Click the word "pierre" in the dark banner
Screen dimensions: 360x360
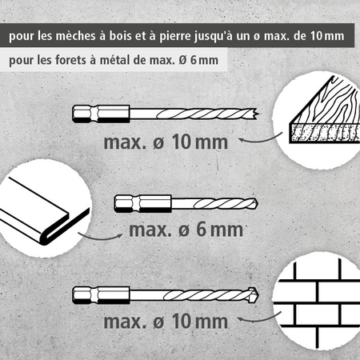point(175,37)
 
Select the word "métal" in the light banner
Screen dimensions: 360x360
point(114,60)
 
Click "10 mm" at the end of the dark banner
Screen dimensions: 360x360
point(327,36)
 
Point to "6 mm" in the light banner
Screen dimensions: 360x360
point(204,60)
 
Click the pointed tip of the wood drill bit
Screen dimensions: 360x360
point(258,114)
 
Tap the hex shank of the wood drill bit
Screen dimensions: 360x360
point(101,114)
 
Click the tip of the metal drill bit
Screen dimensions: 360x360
point(257,203)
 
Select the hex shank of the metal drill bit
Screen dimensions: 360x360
point(143,203)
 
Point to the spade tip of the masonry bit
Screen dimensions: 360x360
point(254,295)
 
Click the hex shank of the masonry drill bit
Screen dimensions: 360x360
point(101,295)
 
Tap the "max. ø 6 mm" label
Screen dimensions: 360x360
point(186,230)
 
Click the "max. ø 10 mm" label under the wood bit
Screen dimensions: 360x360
point(166,142)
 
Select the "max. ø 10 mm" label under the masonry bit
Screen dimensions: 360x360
point(166,321)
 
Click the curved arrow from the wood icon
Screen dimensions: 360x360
point(260,139)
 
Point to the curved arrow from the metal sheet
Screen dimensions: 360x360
point(100,237)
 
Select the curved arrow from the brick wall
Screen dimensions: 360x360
point(259,319)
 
